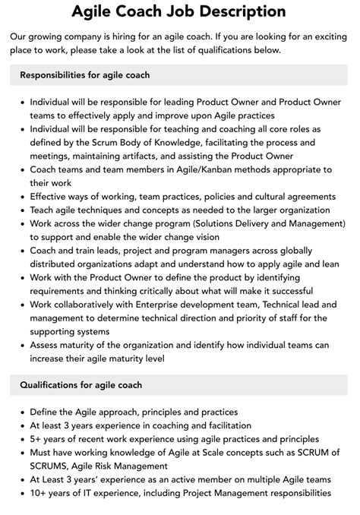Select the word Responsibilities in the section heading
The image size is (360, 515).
57,75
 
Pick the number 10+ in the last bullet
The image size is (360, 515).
40,493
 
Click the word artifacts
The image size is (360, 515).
138,155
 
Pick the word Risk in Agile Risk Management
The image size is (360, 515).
120,465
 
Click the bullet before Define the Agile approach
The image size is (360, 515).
21,412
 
